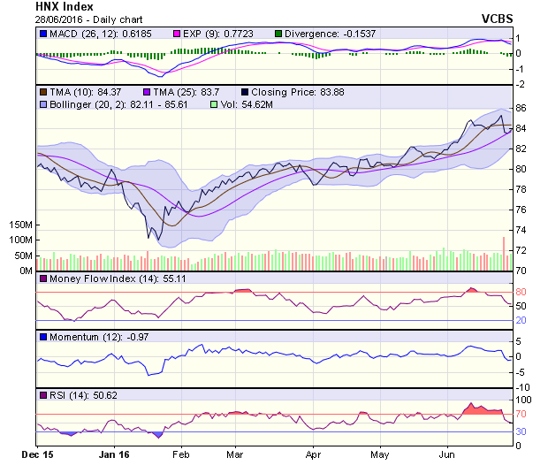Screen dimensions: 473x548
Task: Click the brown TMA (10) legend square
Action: click(43, 91)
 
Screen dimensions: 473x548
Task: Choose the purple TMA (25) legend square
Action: click(147, 91)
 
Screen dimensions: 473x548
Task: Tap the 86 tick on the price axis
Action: click(522, 108)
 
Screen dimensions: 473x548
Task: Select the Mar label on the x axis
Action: click(235, 454)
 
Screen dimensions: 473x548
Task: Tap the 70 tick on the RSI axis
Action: click(522, 414)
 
